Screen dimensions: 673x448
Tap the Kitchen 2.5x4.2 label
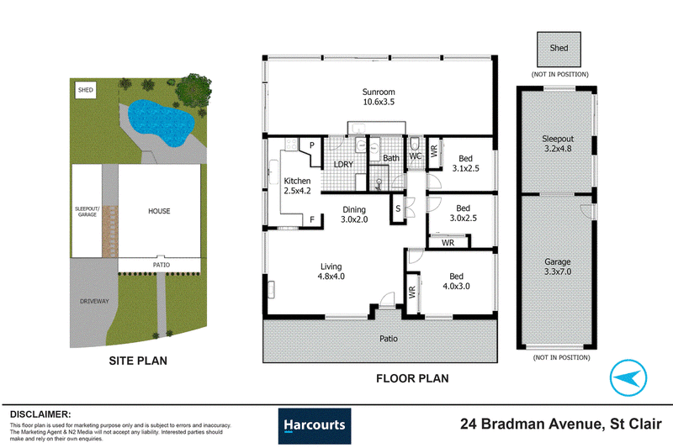tap(297, 186)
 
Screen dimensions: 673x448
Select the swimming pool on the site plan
tap(161, 122)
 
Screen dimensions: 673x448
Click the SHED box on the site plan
tap(86, 90)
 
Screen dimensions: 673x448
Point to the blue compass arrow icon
tap(628, 377)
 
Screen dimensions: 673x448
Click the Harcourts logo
tap(315, 425)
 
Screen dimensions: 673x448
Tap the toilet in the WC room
tap(415, 144)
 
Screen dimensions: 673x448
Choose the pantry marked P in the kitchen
tap(310, 151)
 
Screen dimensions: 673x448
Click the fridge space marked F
tap(312, 219)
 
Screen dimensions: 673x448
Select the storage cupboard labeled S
tap(398, 208)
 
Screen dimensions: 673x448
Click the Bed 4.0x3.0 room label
tap(456, 282)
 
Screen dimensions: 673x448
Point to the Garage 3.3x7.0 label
tap(558, 266)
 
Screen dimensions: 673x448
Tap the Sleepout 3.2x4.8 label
tap(558, 144)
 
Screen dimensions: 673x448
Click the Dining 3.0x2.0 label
tap(354, 214)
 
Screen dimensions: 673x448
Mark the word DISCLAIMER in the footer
tap(40, 414)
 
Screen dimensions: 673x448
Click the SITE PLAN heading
tap(138, 361)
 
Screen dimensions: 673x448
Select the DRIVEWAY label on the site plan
tap(94, 302)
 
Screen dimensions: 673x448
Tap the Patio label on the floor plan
tap(389, 339)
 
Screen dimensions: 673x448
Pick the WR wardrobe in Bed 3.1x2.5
tap(434, 152)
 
